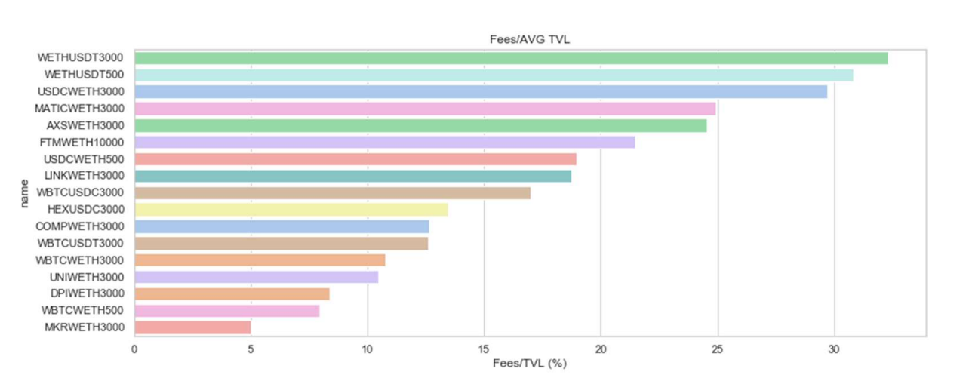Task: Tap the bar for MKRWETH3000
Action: tap(192, 327)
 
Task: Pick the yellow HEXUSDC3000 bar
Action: tap(291, 210)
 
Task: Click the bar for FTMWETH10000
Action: tap(384, 142)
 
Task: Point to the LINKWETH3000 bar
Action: tap(352, 176)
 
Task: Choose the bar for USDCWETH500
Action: tap(355, 159)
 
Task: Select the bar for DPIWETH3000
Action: tap(232, 293)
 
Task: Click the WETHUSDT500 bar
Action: tap(494, 75)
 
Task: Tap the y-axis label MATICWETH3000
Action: tap(79, 108)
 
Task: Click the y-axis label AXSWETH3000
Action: tap(85, 125)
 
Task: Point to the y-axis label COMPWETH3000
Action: tap(80, 226)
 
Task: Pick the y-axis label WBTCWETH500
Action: tap(83, 310)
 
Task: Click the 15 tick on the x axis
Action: tap(484, 349)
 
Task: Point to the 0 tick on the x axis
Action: tap(134, 349)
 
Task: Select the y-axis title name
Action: tap(24, 192)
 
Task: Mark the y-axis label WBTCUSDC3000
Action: tap(80, 192)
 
